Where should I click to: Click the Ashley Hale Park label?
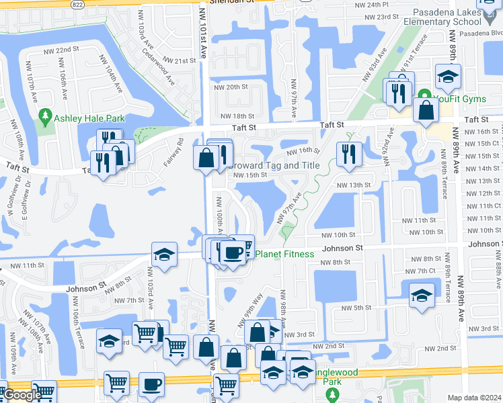tap(91, 118)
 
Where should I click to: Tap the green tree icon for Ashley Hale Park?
tap(46, 118)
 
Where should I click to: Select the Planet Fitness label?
tap(283, 254)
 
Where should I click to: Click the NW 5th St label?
tap(356, 308)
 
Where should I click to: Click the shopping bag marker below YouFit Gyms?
tap(426, 110)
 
